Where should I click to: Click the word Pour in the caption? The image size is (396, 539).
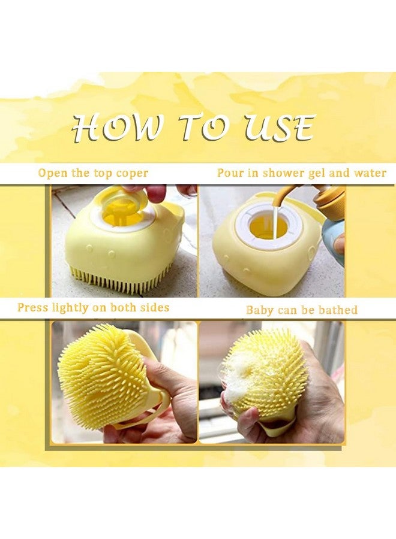tap(230, 174)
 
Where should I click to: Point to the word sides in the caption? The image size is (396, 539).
tap(154, 308)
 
